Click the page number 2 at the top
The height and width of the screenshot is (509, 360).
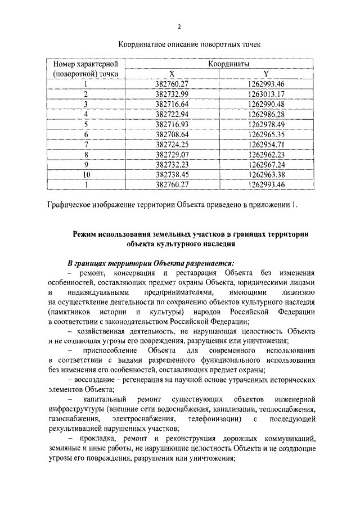click(179, 26)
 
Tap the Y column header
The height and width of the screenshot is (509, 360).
click(266, 74)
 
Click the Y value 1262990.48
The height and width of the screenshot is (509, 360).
click(266, 104)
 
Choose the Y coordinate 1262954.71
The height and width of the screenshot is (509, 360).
click(266, 145)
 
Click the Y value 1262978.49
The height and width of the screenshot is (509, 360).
click(266, 124)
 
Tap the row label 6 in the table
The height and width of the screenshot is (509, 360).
click(87, 134)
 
